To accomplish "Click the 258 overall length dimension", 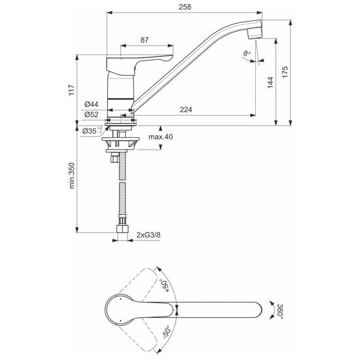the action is [x=185, y=7].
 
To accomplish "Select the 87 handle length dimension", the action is [x=145, y=40].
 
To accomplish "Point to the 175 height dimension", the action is [x=285, y=72].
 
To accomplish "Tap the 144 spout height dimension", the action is [x=270, y=83].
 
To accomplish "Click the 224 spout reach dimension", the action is [x=186, y=109].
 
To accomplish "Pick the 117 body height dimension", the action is [x=71, y=90].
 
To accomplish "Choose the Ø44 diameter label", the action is [x=91, y=104].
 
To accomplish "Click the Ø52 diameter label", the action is [x=91, y=114].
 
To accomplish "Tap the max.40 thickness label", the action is [x=160, y=137].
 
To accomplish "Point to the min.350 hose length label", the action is [x=72, y=176].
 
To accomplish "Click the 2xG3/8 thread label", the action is [x=148, y=235].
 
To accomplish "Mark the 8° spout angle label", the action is [x=247, y=53].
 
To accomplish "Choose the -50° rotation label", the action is [x=166, y=332].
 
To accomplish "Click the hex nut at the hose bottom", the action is [x=123, y=229].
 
